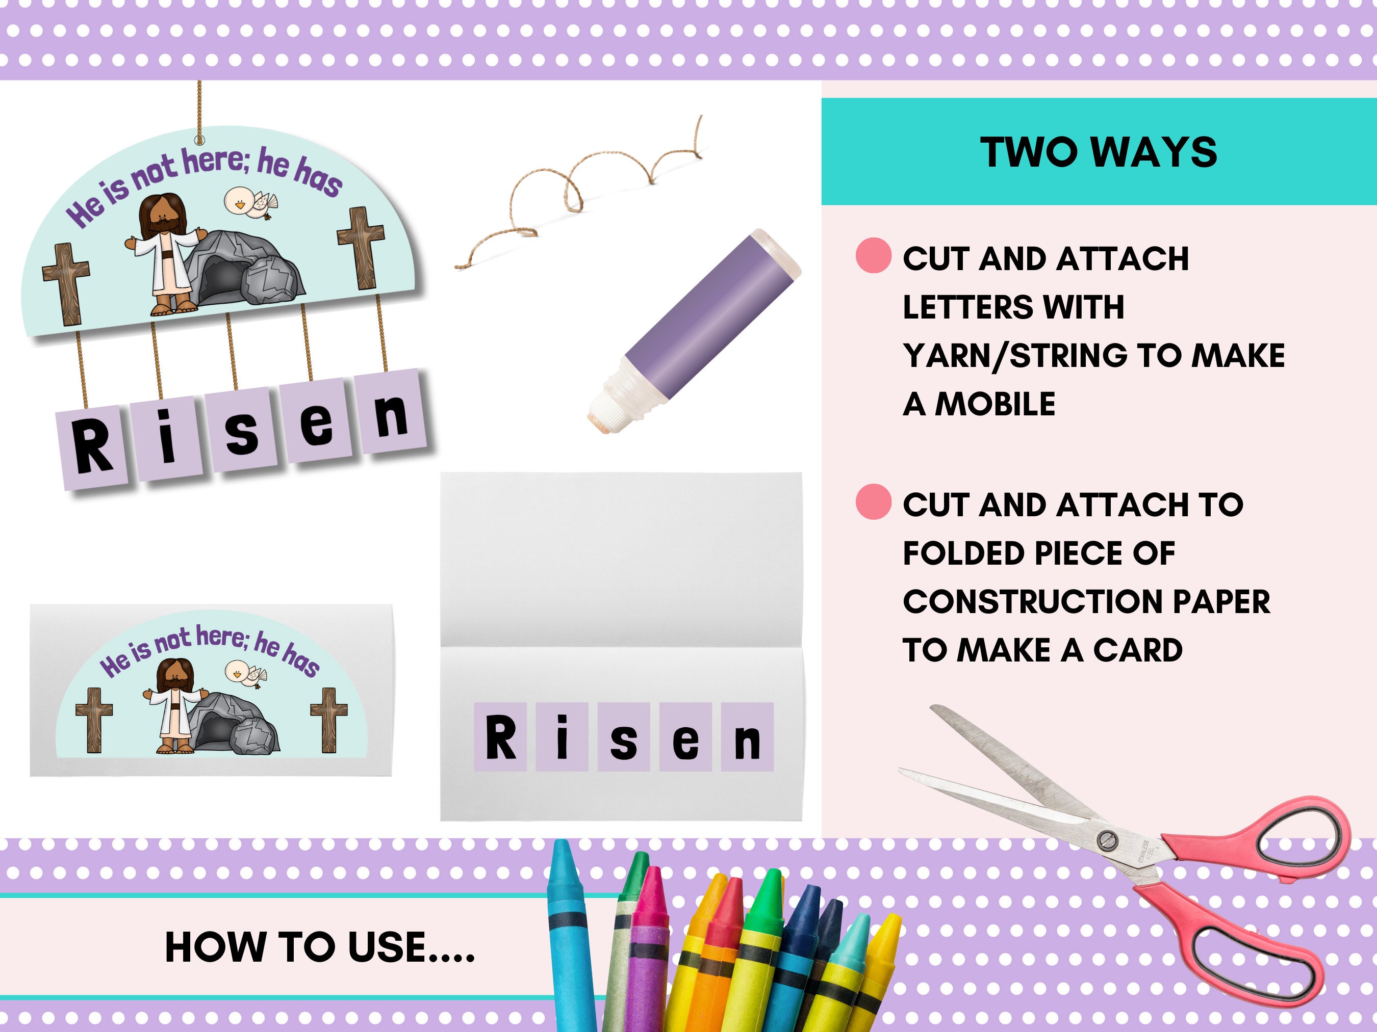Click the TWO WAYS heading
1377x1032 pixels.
pos(1098,152)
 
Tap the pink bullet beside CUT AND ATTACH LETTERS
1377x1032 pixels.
pos(874,256)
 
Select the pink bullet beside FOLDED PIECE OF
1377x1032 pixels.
pos(874,502)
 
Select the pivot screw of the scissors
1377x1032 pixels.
pos(1106,840)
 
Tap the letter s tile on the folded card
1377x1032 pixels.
pos(624,738)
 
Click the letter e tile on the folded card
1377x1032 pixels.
pos(685,738)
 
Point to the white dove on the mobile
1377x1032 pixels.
pos(249,202)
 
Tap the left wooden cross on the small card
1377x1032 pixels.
pos(94,719)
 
